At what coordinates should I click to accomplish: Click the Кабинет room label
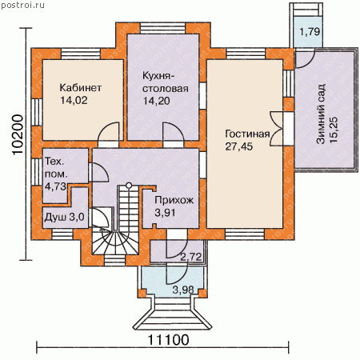(80, 88)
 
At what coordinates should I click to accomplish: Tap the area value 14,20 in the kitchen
(157, 101)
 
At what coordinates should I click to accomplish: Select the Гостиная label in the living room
(247, 134)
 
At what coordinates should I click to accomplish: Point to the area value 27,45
(239, 146)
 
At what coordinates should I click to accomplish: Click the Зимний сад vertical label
(321, 114)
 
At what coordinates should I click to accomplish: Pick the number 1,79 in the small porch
(310, 32)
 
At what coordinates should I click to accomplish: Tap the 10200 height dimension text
(18, 135)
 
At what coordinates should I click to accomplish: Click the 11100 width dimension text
(168, 340)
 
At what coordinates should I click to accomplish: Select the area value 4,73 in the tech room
(55, 186)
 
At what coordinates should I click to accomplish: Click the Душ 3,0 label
(64, 217)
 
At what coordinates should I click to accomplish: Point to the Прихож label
(174, 200)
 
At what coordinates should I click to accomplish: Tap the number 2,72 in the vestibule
(190, 257)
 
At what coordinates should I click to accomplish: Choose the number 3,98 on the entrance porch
(183, 290)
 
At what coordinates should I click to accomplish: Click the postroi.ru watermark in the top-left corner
(22, 5)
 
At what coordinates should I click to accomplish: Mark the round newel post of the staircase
(129, 185)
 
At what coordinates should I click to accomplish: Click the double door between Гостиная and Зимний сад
(277, 129)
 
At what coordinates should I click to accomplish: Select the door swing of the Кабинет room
(108, 132)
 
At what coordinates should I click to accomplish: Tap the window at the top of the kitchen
(162, 28)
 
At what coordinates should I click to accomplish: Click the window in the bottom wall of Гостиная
(245, 234)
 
